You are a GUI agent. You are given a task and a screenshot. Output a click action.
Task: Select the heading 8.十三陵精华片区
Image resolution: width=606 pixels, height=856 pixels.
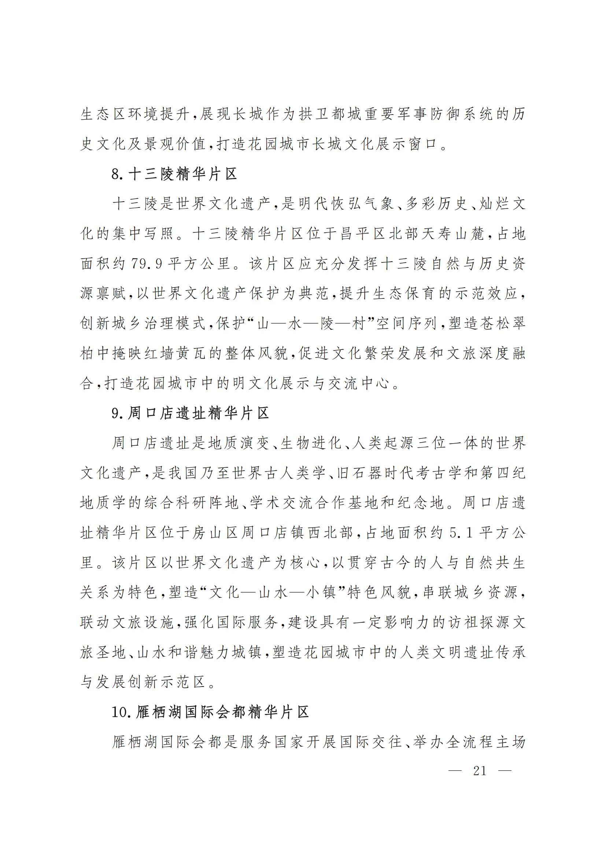coord(174,174)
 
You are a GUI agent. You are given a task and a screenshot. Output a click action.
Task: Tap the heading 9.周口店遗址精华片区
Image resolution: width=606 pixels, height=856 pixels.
coord(190,414)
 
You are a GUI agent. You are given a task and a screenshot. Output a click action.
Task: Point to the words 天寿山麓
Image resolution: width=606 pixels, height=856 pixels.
coord(450,234)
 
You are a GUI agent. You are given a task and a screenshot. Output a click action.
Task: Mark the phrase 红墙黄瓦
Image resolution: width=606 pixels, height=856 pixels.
coord(163,354)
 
